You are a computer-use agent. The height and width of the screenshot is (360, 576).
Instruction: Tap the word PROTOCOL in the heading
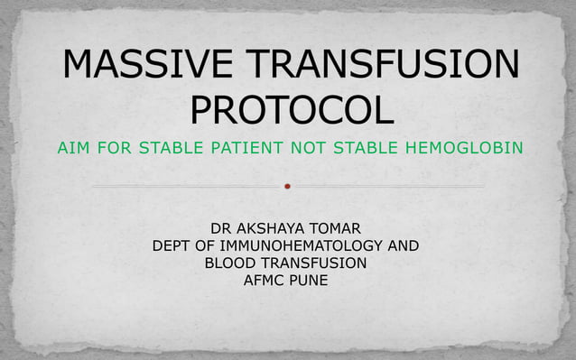(x=292, y=111)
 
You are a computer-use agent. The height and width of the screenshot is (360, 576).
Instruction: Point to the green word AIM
(x=73, y=147)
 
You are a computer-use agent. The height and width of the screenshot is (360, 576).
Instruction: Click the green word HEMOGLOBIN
(x=466, y=147)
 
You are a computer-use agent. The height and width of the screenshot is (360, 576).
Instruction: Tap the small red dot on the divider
(x=288, y=187)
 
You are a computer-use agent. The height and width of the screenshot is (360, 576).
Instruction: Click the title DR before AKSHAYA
(x=220, y=227)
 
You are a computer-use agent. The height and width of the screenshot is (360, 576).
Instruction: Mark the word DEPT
(x=172, y=245)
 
